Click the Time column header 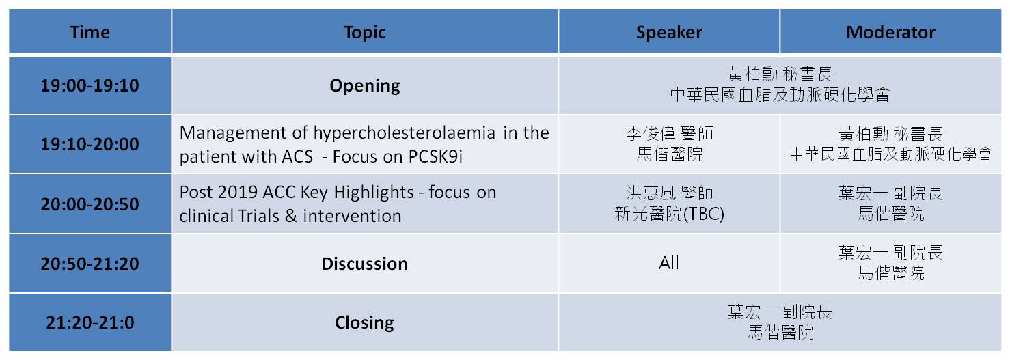click(x=90, y=32)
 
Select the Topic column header click(x=365, y=32)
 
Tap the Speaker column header click(x=669, y=32)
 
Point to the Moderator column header click(x=890, y=32)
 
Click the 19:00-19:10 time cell click(x=90, y=85)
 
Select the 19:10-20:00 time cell click(x=90, y=144)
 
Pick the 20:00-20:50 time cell click(x=90, y=204)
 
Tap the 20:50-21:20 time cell click(x=90, y=264)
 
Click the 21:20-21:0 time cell click(x=90, y=322)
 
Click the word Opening click(x=365, y=86)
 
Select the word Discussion click(x=364, y=264)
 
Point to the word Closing click(x=364, y=323)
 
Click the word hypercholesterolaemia click(x=404, y=133)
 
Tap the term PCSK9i click(x=435, y=156)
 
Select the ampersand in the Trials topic click(x=291, y=216)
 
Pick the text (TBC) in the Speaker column click(x=704, y=214)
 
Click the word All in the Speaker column click(x=669, y=263)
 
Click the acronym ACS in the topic click(x=297, y=156)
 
